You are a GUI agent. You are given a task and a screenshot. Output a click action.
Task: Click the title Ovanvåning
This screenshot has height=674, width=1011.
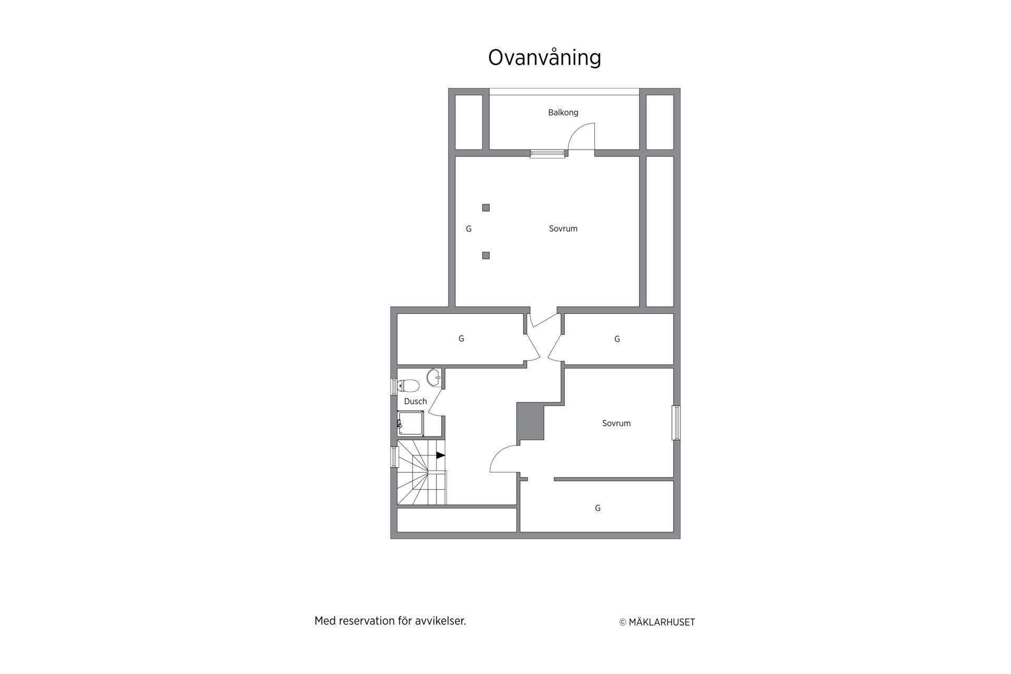point(544,58)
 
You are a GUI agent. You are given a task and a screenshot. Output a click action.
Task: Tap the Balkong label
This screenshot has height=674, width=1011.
point(563,113)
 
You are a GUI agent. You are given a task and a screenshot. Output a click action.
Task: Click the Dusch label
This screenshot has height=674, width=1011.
point(415,401)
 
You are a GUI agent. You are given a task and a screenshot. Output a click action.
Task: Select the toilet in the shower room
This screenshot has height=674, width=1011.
point(408,386)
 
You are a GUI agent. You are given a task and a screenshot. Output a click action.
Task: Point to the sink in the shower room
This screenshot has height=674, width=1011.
point(433,377)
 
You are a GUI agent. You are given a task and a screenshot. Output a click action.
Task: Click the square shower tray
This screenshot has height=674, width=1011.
point(410,424)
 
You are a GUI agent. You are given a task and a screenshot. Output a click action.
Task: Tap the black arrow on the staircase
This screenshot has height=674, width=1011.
point(441,455)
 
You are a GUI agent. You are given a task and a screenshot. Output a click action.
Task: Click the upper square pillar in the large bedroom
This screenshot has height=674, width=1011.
point(486,208)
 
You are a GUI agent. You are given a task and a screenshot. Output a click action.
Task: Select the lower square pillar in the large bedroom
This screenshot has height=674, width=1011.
point(486,255)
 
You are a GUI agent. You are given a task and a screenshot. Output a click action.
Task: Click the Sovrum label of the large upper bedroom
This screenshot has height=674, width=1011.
point(563,229)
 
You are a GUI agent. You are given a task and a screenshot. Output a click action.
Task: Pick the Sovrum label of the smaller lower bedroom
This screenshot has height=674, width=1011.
point(616,423)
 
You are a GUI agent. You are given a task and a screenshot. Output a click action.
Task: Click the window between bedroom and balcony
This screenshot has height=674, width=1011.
point(548,154)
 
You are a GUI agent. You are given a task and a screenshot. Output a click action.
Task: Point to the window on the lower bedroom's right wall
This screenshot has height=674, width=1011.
point(676,423)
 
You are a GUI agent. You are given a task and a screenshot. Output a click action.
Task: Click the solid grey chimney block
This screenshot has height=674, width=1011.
point(530,421)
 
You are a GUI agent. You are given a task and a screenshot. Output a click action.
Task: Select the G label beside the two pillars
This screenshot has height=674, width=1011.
point(469,229)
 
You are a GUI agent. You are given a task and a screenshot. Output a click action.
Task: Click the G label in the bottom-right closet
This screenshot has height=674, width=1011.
point(598,508)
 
